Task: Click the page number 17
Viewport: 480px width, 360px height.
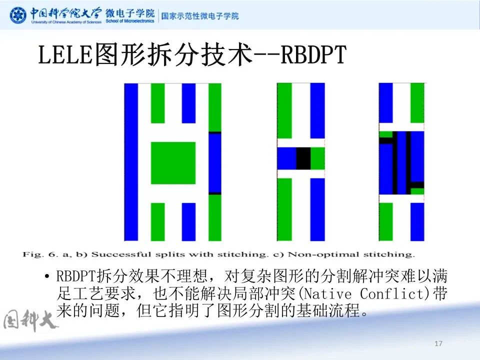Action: tap(439, 343)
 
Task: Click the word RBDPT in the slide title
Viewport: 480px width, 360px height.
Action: tap(313, 55)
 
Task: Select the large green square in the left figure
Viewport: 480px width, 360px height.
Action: tap(173, 163)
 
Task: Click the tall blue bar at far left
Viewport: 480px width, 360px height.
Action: tap(131, 161)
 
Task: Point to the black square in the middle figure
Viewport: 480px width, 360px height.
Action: tap(303, 158)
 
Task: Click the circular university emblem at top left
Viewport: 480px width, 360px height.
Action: tap(18, 15)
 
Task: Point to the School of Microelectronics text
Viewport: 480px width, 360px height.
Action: tap(130, 22)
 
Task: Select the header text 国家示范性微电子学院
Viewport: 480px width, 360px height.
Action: tap(200, 15)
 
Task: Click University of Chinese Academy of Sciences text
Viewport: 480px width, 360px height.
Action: tap(66, 22)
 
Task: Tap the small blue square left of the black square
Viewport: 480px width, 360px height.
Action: tap(286, 158)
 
